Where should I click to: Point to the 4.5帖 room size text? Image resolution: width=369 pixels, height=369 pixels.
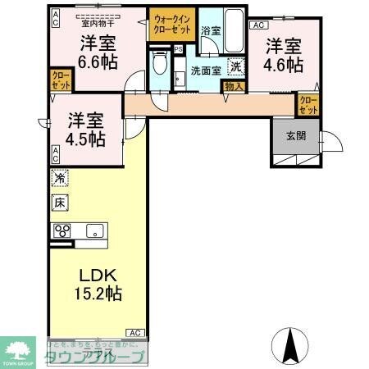coord(85,139)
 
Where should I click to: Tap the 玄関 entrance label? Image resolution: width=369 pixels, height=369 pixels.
coord(296,136)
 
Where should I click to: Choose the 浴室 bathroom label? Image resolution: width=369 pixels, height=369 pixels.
coord(210,30)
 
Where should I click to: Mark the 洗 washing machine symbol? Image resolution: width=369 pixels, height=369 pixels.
coord(235,67)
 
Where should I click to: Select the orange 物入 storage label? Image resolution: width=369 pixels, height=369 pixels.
coord(233,85)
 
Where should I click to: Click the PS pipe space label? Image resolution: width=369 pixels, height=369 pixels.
coord(178,49)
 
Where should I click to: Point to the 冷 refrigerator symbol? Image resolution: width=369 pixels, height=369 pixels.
coord(60,178)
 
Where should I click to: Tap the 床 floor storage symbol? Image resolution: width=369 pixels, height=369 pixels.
coord(60,202)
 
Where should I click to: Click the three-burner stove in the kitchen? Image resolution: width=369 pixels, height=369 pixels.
coord(62,230)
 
